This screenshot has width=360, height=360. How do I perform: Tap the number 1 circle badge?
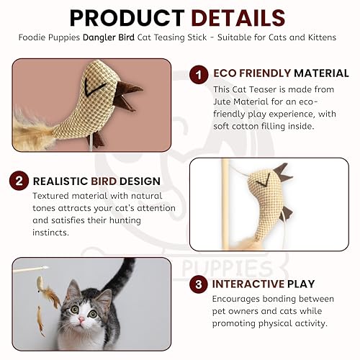(199, 73)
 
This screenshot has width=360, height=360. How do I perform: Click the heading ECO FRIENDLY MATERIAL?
(281, 73)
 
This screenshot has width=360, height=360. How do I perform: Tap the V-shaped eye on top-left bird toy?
(89, 89)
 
